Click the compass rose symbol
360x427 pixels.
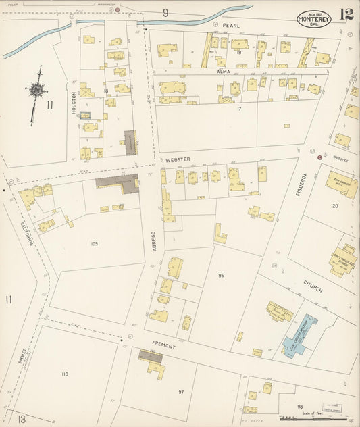(x=35, y=89)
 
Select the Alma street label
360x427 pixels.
(x=224, y=70)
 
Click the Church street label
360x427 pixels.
(x=312, y=286)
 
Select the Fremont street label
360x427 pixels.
(x=163, y=346)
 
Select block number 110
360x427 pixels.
(x=65, y=374)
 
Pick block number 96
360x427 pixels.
(x=221, y=275)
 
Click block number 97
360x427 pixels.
(x=181, y=391)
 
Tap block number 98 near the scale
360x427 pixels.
(x=299, y=406)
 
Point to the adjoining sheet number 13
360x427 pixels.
(x=22, y=419)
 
